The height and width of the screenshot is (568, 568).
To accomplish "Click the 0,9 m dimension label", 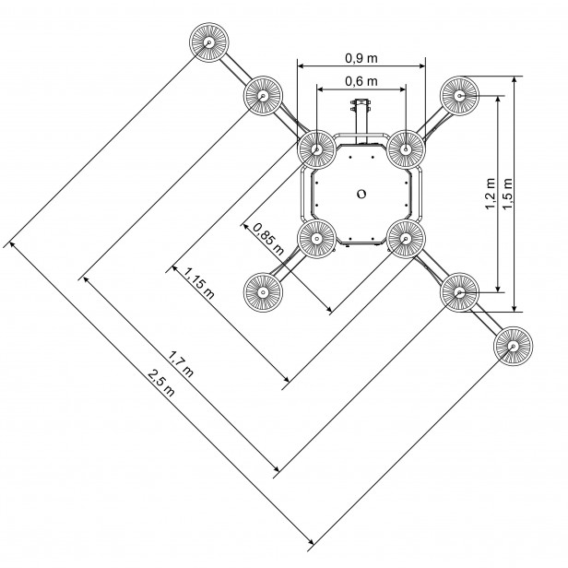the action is pos(361,58).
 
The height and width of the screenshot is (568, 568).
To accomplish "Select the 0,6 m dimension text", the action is pos(361,81).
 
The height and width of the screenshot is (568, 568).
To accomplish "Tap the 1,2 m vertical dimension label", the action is pos(491,194).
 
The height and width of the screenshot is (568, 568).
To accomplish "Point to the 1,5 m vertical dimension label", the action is pos(508,194).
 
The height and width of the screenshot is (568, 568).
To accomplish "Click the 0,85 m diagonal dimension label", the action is pos(269,239).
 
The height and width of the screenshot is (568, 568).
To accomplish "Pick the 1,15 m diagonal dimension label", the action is pos(199,283).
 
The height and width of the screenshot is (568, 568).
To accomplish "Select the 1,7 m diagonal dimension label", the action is pos(181,363).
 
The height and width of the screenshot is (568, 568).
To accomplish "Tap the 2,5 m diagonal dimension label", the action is pos(161,383).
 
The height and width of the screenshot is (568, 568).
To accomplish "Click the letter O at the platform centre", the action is pos(361,194).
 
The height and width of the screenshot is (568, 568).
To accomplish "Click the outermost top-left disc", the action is pos(209,42).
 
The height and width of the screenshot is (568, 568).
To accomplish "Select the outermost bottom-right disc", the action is pos(513,346).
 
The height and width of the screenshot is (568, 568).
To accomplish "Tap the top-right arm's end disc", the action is pos(459,96).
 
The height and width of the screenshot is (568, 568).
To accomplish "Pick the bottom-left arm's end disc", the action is pos(263,292).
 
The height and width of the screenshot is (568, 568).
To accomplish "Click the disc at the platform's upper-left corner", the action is pos(316,149).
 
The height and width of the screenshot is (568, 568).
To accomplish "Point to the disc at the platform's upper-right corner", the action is pos(406,149).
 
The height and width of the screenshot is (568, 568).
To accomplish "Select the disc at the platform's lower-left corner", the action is pos(316,239).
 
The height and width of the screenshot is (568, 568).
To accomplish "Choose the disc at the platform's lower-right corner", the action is pos(406,239).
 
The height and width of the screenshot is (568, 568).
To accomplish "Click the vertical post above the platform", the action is pos(361,121).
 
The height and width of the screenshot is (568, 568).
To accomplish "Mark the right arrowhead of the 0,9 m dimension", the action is pos(421,66).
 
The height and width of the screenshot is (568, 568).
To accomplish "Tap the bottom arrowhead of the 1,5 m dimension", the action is pos(514,308).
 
